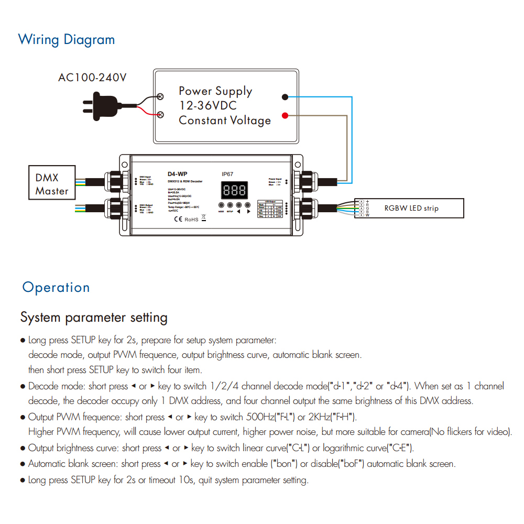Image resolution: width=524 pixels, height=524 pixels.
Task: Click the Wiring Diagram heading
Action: click(66, 40)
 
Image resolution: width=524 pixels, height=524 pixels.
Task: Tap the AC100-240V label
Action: click(92, 78)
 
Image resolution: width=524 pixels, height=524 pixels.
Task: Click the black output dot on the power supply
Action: click(285, 97)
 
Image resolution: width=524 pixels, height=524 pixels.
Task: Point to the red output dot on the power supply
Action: click(285, 115)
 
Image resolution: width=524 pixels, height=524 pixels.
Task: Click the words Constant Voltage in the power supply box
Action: click(225, 121)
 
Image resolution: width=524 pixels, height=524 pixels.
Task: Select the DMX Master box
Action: click(52, 184)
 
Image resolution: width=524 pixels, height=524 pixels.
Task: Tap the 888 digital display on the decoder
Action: click(234, 190)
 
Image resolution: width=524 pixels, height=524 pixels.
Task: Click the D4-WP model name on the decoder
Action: click(177, 174)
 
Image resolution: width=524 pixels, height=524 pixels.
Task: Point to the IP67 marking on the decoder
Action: click(227, 174)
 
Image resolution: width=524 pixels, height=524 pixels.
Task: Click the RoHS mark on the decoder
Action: click(191, 219)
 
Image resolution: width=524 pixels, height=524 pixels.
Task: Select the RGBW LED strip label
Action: click(411, 208)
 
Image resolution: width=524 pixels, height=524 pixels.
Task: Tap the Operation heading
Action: click(56, 288)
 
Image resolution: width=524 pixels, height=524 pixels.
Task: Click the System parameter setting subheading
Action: click(94, 318)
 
